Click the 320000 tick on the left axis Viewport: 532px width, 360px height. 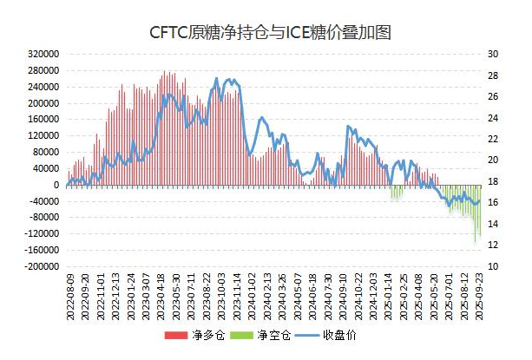click(42, 54)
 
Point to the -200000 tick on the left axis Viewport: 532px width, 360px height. click(40, 266)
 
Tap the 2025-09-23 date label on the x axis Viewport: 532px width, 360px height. click(478, 296)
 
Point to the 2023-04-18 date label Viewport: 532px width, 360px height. click(161, 296)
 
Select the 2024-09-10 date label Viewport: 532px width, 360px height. click(343, 296)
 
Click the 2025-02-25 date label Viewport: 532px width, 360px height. click(403, 296)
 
